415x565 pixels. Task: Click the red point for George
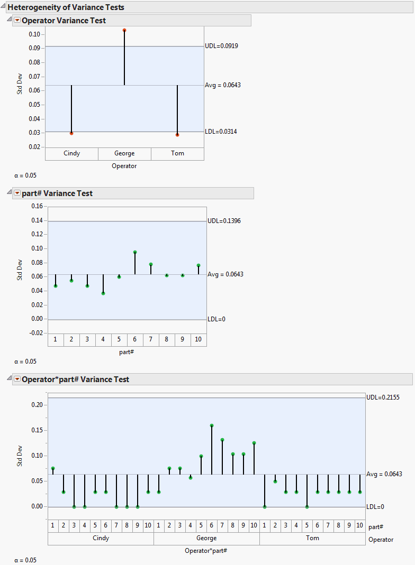click(124, 30)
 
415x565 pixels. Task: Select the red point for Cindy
click(71, 133)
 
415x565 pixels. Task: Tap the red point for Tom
click(177, 135)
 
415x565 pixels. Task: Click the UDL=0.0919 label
click(221, 46)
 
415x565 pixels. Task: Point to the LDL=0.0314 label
click(221, 132)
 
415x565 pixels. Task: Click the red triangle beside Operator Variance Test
click(17, 21)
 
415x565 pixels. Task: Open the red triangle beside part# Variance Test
click(17, 193)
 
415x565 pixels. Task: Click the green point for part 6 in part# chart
click(135, 252)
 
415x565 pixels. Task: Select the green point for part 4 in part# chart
click(103, 293)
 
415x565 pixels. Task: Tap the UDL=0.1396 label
click(224, 221)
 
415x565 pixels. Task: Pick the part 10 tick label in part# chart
click(199, 339)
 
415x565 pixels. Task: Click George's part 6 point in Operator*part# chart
click(212, 425)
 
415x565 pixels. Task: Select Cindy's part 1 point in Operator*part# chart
click(53, 468)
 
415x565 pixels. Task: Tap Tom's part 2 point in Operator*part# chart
click(275, 481)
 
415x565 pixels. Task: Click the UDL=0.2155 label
click(383, 397)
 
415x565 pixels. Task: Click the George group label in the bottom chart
click(206, 538)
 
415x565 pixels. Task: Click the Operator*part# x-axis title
click(206, 551)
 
